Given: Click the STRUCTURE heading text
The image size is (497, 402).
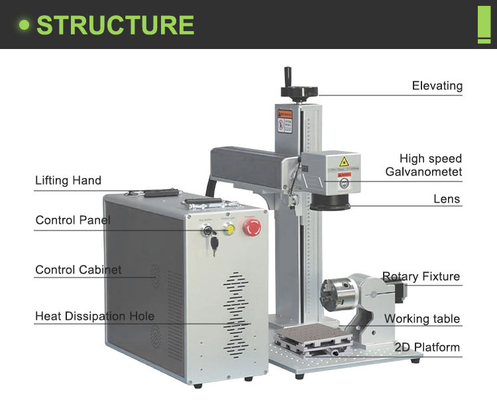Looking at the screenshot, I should click(x=115, y=25).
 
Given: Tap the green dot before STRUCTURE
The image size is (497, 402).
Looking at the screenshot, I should click(x=25, y=25).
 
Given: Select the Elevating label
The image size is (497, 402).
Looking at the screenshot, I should click(x=437, y=86).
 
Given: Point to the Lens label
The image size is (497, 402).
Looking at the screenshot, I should click(x=446, y=199).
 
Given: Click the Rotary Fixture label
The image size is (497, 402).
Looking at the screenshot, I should click(x=421, y=277).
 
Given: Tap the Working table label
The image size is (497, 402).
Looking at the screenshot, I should click(x=421, y=319).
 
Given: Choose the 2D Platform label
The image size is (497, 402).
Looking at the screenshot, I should click(x=427, y=348).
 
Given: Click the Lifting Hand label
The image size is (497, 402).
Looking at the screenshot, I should click(x=68, y=180).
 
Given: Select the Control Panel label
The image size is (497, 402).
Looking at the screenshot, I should click(x=73, y=220).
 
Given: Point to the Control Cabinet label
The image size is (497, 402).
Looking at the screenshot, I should click(x=78, y=270).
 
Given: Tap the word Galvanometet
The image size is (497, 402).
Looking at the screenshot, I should click(x=423, y=172).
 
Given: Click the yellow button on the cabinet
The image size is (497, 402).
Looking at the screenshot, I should click(x=230, y=228).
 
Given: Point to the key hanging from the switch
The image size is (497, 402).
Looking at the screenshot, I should click(x=214, y=244).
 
